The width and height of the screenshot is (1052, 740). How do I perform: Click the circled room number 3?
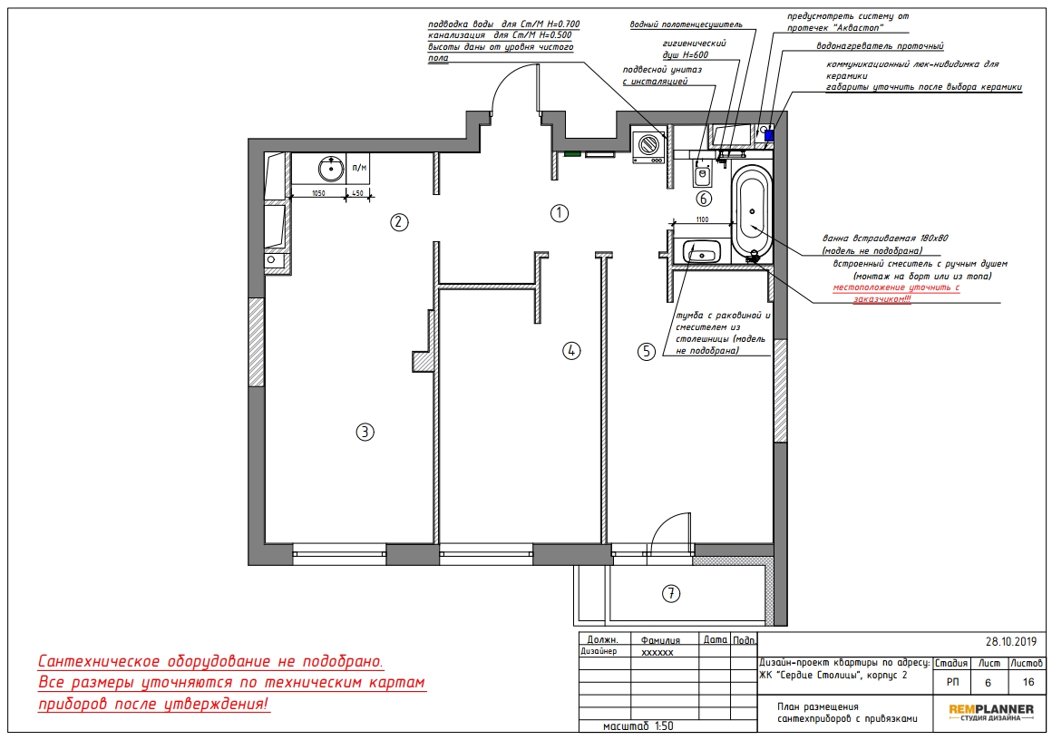pos(365,432)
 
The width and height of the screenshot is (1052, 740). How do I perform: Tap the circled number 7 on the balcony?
pos(671,593)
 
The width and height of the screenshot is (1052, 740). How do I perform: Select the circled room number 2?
pos(399,222)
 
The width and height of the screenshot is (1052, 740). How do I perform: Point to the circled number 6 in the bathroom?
pos(703,199)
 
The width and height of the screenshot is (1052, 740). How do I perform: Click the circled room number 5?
pos(646,351)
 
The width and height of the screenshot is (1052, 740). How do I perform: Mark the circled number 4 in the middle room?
pos(571,350)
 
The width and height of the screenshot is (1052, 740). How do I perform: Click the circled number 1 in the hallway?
pos(560,213)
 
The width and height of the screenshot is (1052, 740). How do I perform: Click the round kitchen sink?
pos(331,169)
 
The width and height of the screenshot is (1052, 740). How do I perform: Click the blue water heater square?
pos(769,135)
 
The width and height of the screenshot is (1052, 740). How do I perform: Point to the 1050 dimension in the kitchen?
pos(318,193)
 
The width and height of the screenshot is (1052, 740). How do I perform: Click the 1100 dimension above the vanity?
pos(702,219)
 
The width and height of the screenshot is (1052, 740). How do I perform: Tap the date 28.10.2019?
pos(1011,642)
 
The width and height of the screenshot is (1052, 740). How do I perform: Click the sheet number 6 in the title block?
pos(988,683)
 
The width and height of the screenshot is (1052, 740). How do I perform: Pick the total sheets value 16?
pos(1028,683)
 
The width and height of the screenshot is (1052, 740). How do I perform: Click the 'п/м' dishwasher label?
pos(360,168)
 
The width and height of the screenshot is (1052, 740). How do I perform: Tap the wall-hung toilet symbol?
pos(702,174)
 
